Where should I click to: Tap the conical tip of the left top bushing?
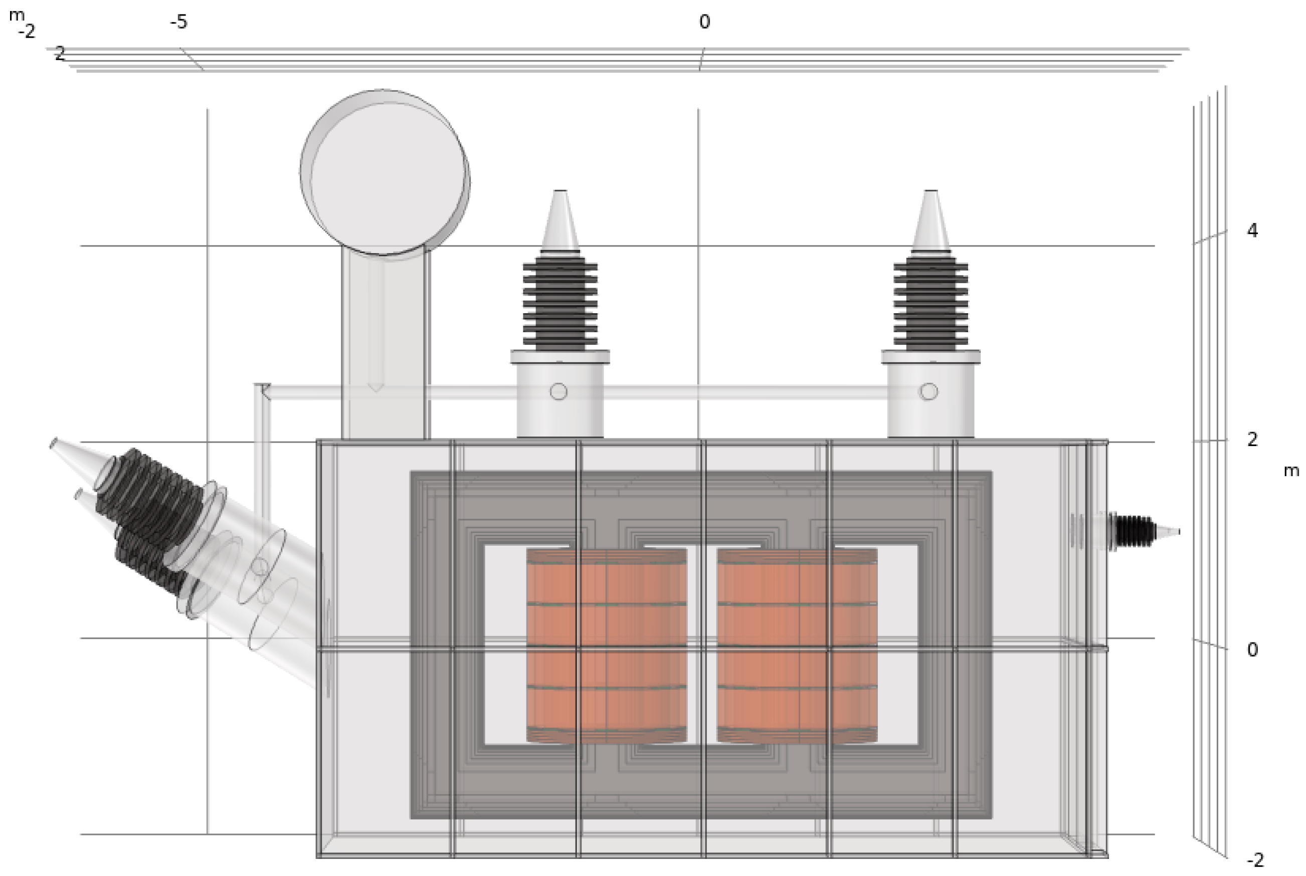pos(560,221)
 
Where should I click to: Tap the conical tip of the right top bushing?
pos(930,221)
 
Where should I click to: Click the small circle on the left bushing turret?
pos(558,391)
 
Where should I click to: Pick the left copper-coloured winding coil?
pos(606,645)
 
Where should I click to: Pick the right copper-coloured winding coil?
pos(798,645)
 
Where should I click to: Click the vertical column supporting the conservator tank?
pos(385,346)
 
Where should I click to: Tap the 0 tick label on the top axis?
pos(704,22)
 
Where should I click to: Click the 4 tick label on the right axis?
pos(1252,230)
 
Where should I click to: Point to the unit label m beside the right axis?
pos(1291,471)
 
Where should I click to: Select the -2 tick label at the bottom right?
pos(1254,860)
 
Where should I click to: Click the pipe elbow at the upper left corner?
pos(263,391)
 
